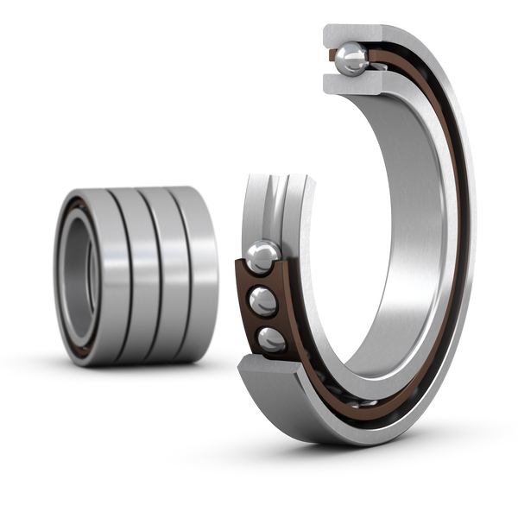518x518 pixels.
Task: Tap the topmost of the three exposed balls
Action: [262, 257]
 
